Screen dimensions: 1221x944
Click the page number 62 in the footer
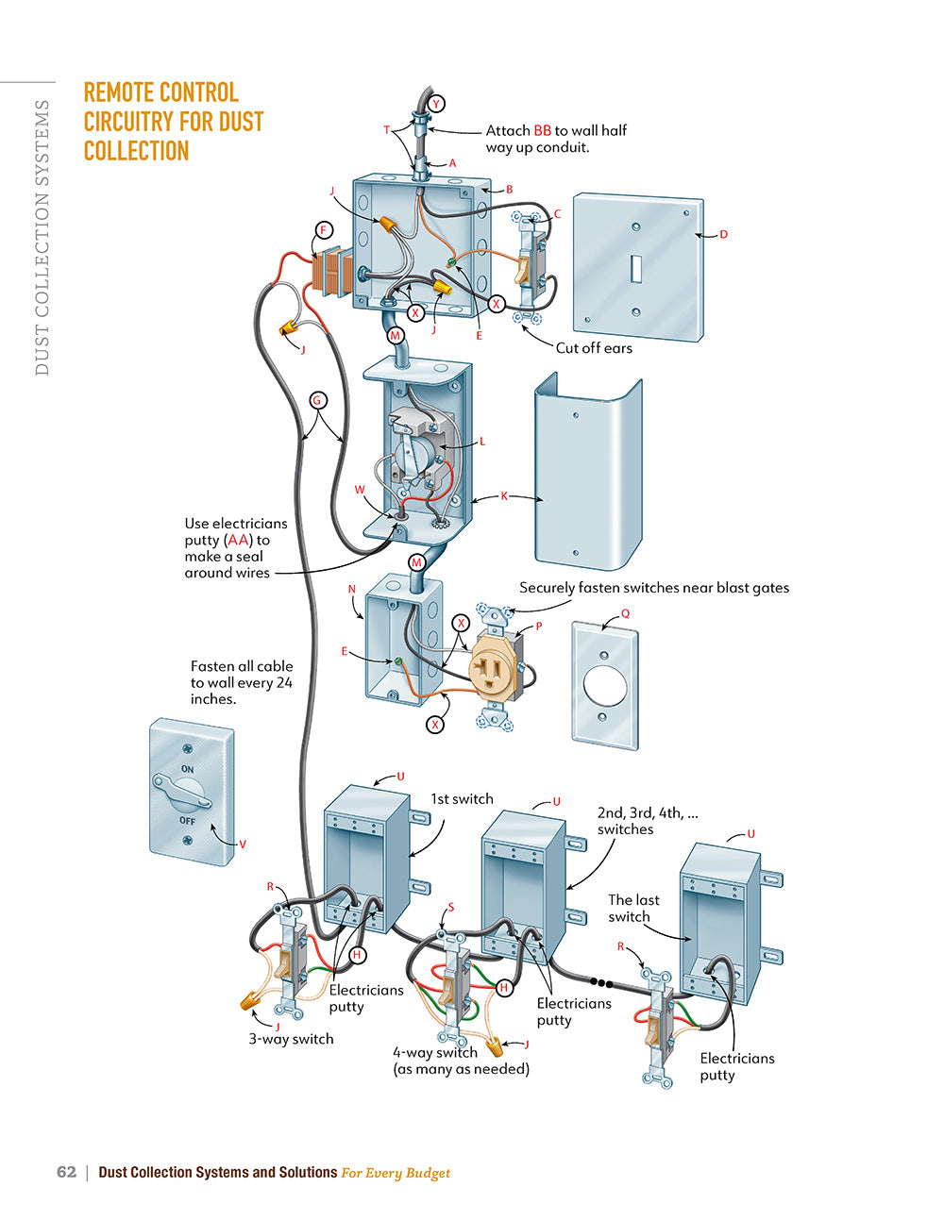pyautogui.click(x=66, y=1172)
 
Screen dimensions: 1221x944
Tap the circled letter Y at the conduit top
pyautogui.click(x=436, y=104)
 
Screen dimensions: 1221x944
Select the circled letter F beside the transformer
pyautogui.click(x=324, y=230)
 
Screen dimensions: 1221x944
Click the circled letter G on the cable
pyautogui.click(x=317, y=400)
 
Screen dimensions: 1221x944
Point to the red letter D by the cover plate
pyautogui.click(x=724, y=234)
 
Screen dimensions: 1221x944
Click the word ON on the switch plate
pyautogui.click(x=188, y=770)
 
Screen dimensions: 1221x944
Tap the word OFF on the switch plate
pyautogui.click(x=188, y=821)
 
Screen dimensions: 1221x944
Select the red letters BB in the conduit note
pyautogui.click(x=543, y=131)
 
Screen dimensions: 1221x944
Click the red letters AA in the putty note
pyautogui.click(x=239, y=541)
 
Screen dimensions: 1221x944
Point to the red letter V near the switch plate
pyautogui.click(x=243, y=845)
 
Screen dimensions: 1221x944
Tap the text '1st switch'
pyautogui.click(x=462, y=799)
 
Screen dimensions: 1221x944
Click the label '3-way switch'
pyautogui.click(x=291, y=1039)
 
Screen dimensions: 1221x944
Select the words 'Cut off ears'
pyautogui.click(x=594, y=348)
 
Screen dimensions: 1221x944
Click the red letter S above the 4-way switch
pyautogui.click(x=451, y=908)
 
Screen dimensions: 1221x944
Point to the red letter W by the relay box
pyautogui.click(x=360, y=490)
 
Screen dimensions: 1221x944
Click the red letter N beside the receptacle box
pyautogui.click(x=352, y=589)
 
